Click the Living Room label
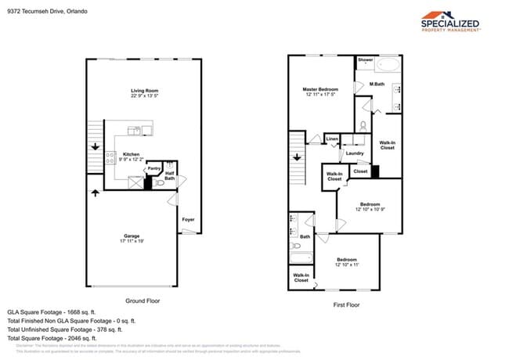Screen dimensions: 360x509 click(x=145, y=92)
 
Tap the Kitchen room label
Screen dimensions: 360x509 click(x=132, y=154)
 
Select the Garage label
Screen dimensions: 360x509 click(x=132, y=236)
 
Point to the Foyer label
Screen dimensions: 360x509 click(x=188, y=219)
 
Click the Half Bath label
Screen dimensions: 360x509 click(x=170, y=175)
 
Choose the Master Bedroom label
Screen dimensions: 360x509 click(x=320, y=89)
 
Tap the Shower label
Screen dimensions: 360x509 click(x=365, y=59)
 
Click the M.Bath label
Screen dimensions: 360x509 click(x=377, y=84)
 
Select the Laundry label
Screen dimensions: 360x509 click(x=355, y=153)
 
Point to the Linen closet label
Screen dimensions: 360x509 click(x=332, y=139)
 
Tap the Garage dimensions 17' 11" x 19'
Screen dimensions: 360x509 click(x=132, y=241)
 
